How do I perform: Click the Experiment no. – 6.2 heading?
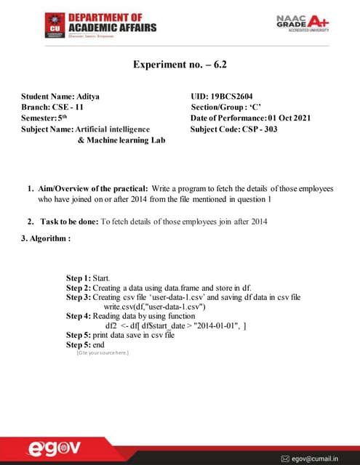point(180,64)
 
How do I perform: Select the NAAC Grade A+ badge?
point(302,24)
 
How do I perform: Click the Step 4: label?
point(80,316)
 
